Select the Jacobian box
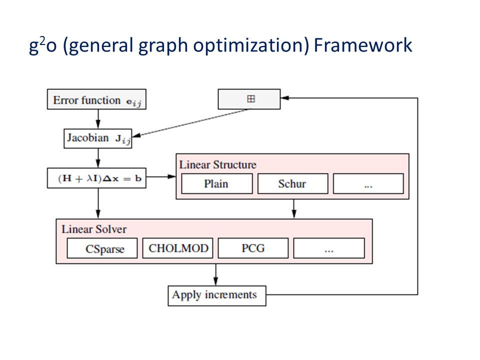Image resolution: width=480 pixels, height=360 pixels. pos(98,138)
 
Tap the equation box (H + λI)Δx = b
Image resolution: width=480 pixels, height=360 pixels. pos(97,178)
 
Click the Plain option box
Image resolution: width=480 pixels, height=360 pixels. pos(216,183)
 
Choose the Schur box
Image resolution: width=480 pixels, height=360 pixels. pos(292,183)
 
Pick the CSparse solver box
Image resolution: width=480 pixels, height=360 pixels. pos(102,248)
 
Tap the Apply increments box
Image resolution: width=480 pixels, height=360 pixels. pos(216,295)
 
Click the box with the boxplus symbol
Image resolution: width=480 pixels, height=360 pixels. pos(249,99)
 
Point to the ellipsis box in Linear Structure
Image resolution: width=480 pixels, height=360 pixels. pos(368,183)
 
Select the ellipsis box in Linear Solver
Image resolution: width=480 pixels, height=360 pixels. pos(328,248)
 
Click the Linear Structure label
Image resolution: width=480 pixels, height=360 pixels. pos(217,164)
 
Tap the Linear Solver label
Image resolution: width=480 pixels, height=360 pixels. pos(94,229)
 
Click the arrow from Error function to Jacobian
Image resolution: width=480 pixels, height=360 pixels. pos(98,119)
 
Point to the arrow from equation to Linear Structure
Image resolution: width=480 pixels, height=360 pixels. pos(161,176)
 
